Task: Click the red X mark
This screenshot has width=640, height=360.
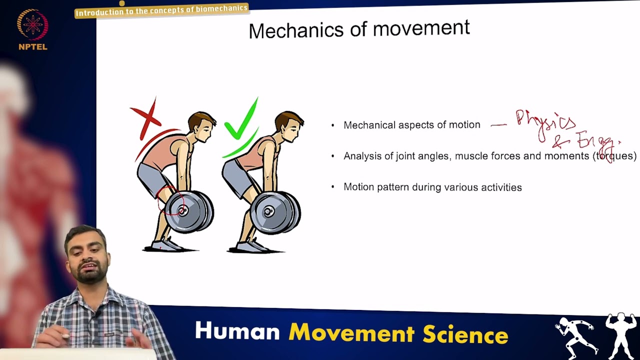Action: point(146,118)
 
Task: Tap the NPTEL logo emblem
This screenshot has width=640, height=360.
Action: point(32,25)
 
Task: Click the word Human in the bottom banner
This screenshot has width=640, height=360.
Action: point(237,331)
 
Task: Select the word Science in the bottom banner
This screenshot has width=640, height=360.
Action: point(465,334)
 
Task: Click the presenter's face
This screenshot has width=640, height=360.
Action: point(88,255)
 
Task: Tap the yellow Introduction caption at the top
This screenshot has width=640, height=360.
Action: point(161,9)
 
